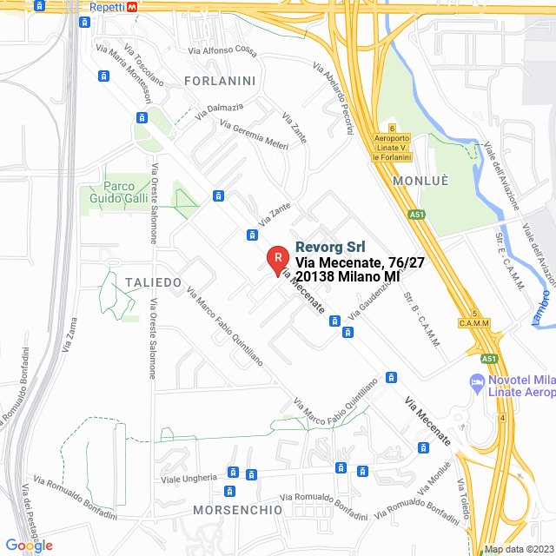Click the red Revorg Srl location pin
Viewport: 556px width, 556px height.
coord(277,259)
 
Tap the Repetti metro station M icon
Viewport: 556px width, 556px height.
coord(131,6)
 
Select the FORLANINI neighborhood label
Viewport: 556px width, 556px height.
coord(220,81)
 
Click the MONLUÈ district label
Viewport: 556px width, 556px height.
coord(420,180)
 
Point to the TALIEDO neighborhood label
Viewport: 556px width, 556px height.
coord(153,282)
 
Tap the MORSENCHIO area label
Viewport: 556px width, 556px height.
coord(238,509)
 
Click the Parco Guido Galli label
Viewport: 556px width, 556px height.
coord(118,192)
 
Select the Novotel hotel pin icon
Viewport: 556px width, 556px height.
coord(476,381)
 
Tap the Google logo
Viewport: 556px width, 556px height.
coord(30,545)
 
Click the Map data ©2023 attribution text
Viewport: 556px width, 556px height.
coord(518,549)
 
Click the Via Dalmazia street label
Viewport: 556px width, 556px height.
coord(219,110)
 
